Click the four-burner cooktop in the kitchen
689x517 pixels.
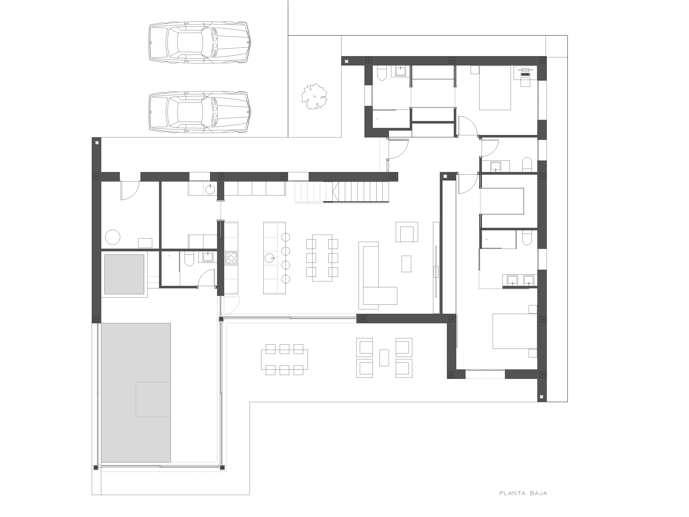coord(231,258)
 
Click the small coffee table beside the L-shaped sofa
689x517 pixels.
coord(406,264)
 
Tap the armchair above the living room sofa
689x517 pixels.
coord(407,232)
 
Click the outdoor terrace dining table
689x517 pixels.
coord(284,359)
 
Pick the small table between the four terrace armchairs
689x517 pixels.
coord(384,358)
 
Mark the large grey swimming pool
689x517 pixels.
coord(136,393)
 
